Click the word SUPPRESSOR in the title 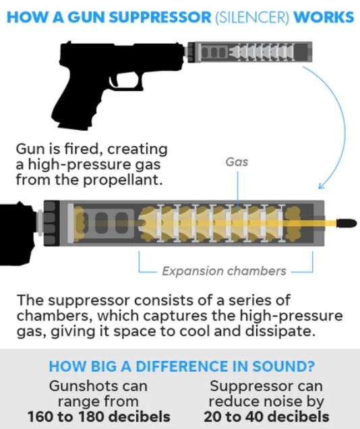pyautogui.click(x=160, y=18)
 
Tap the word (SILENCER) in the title pyautogui.click(x=252, y=18)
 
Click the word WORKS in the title pyautogui.click(x=324, y=18)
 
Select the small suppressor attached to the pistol pyautogui.click(x=249, y=51)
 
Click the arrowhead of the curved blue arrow pyautogui.click(x=321, y=185)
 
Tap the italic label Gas pyautogui.click(x=237, y=162)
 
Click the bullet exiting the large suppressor pyautogui.click(x=347, y=223)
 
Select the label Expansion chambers pyautogui.click(x=224, y=271)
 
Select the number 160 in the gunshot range pyautogui.click(x=40, y=417)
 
